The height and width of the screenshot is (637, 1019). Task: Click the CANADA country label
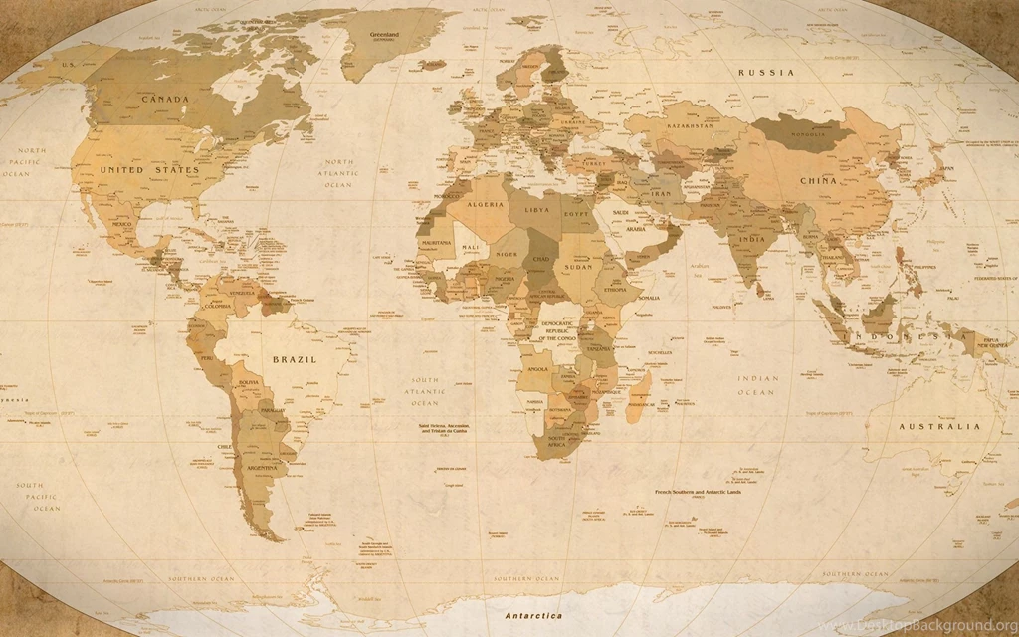coord(165,99)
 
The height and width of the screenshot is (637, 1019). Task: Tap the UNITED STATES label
coord(149,170)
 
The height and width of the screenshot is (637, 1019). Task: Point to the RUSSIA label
coord(765,73)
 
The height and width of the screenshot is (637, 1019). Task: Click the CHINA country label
coord(818,181)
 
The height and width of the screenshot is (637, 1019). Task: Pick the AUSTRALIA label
coord(939,426)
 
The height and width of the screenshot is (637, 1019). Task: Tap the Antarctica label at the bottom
coord(533,616)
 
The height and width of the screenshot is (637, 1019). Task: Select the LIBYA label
coord(536,211)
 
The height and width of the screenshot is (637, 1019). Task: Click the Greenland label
coord(384,36)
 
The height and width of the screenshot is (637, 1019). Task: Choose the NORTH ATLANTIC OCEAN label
coord(337,173)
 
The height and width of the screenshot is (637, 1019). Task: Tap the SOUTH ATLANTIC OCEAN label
coord(426,391)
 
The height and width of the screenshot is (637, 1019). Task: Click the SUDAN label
coord(578,267)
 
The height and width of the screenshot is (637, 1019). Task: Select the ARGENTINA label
coord(262,467)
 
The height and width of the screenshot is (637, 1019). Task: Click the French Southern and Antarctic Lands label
coord(698,493)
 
